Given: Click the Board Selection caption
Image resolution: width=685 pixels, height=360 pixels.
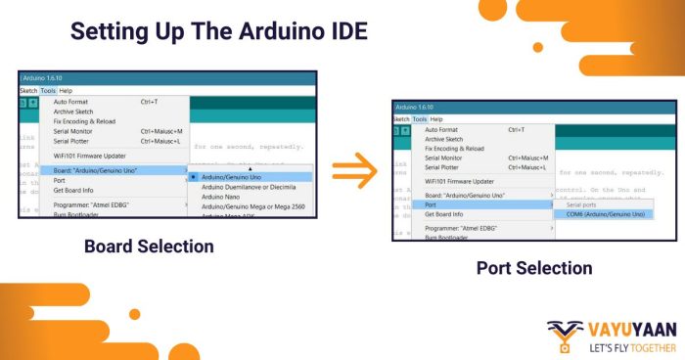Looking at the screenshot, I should pos(148,247).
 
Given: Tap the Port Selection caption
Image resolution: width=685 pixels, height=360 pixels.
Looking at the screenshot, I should pos(533,267).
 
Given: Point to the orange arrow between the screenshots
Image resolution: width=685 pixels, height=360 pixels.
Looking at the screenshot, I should pos(353,172).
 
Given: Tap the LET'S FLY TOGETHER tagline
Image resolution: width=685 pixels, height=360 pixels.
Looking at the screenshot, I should pos(632,347).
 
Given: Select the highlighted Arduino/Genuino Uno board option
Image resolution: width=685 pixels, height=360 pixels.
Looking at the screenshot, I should pos(233,177).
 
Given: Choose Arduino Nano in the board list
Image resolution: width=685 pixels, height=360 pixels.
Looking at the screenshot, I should pos(221,197).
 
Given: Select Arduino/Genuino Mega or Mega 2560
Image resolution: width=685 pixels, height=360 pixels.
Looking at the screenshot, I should pos(253,206).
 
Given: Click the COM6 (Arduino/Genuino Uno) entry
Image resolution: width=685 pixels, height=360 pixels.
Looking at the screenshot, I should pos(599,213).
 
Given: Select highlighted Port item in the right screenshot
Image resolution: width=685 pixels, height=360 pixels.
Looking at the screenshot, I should pos(431,204).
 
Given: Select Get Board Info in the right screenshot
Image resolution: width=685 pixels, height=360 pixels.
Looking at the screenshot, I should pos(444,213).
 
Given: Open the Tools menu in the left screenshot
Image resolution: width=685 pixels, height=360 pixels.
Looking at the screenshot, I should pos(48,90).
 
